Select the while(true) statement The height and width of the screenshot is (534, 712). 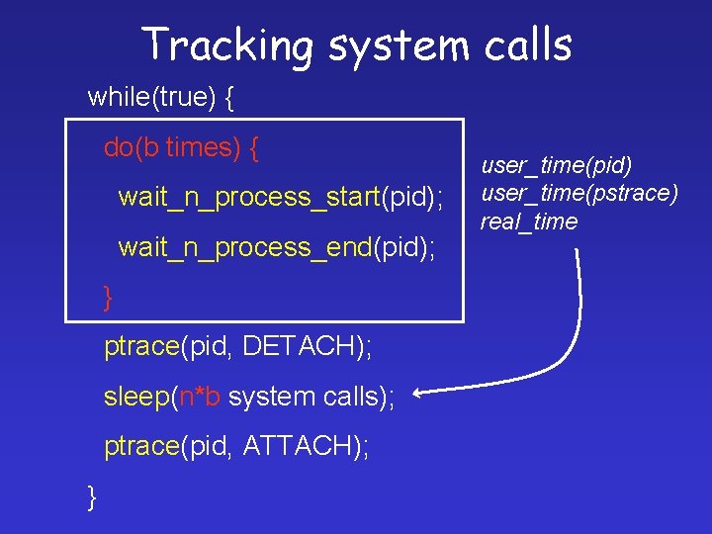[149, 97]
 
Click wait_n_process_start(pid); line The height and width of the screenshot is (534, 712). [281, 198]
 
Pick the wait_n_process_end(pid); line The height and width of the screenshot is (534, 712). [276, 247]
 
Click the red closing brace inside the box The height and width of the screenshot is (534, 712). [110, 297]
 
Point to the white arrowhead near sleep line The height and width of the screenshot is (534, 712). [418, 395]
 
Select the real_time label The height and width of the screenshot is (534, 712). [529, 222]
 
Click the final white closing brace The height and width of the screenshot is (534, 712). [93, 496]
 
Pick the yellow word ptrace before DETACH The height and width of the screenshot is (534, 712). [139, 347]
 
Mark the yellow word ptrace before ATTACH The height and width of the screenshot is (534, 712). [139, 448]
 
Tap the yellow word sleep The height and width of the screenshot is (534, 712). [136, 398]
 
